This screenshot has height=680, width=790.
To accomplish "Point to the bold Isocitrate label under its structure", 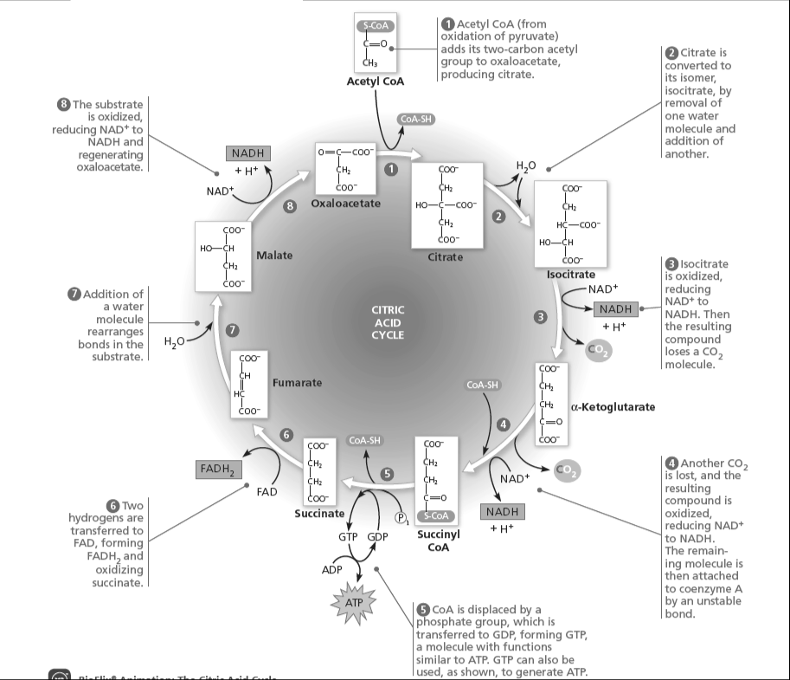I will pyautogui.click(x=571, y=274).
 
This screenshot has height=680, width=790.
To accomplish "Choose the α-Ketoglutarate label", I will pyautogui.click(x=613, y=406).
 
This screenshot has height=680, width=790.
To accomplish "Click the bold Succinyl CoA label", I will pyautogui.click(x=438, y=541).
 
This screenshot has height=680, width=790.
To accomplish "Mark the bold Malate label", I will pyautogui.click(x=274, y=256).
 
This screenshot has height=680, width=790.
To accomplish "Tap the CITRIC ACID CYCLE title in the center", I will pyautogui.click(x=388, y=322).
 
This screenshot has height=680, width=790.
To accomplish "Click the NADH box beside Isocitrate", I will pyautogui.click(x=614, y=309).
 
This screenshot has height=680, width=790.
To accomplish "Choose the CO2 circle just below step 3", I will pyautogui.click(x=598, y=350).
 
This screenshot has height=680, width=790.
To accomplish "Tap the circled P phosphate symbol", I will pyautogui.click(x=401, y=518).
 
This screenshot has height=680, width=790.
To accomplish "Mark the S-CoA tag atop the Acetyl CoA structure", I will pyautogui.click(x=376, y=27).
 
